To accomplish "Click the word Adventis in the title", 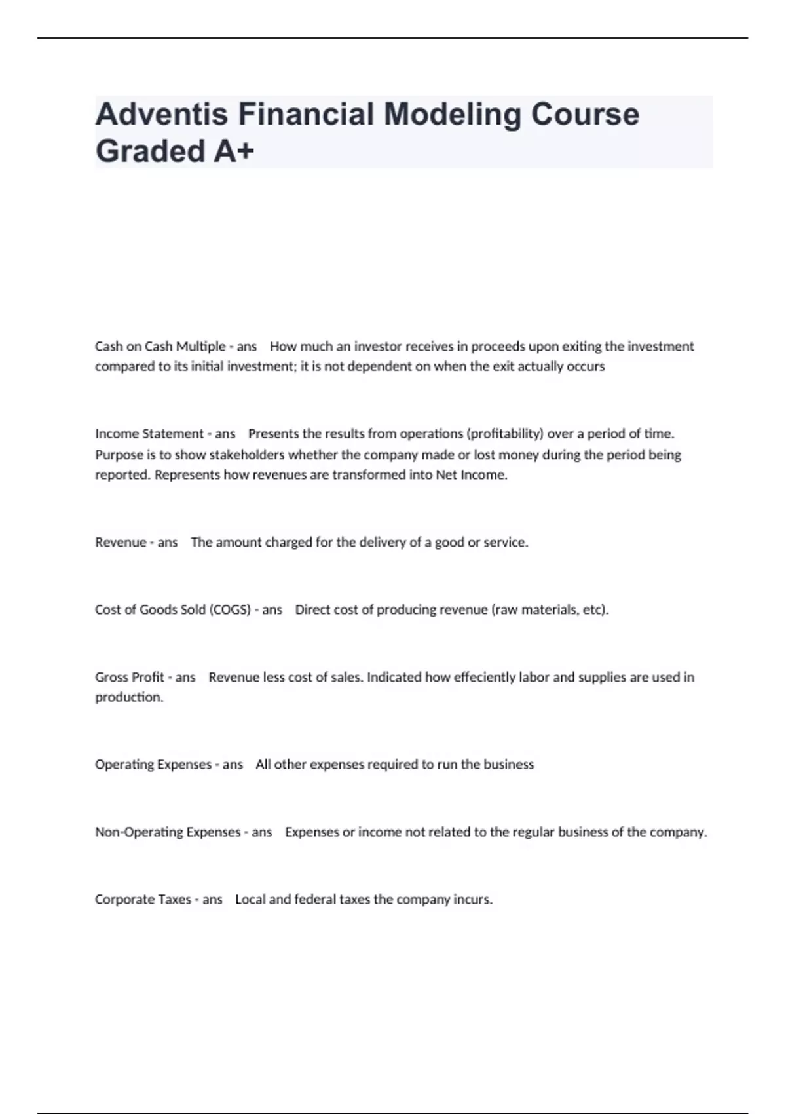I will [x=160, y=114].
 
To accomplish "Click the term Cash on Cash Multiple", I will [x=160, y=346].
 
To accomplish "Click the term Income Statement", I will [x=149, y=434].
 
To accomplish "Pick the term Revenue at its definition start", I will [x=121, y=543].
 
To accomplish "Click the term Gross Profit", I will [x=130, y=677].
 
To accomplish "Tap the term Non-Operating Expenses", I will [x=168, y=832].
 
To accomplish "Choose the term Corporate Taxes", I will [x=143, y=900].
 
